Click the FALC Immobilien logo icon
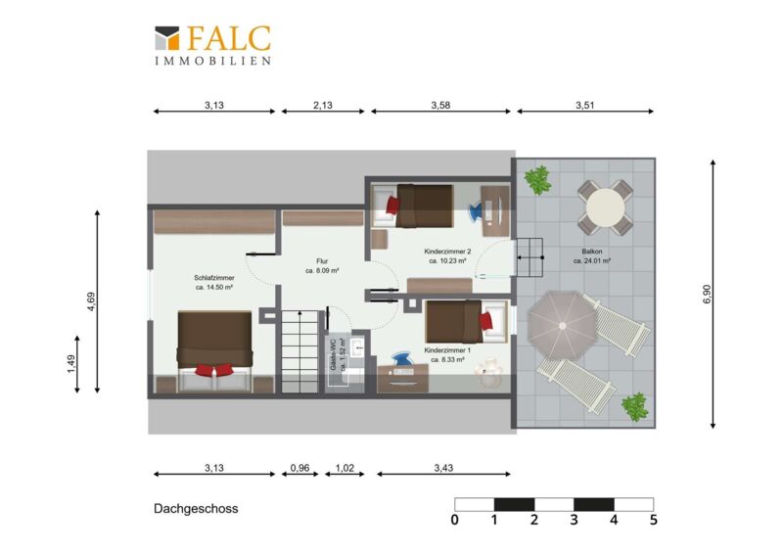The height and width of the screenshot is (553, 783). [166, 38]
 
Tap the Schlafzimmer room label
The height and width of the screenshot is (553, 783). [214, 282]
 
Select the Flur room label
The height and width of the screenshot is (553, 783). [322, 266]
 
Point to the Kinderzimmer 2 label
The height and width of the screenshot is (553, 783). [447, 255]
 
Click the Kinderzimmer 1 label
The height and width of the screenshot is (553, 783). [447, 354]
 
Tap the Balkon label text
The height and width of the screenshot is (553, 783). [592, 255]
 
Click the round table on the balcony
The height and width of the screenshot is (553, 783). [605, 207]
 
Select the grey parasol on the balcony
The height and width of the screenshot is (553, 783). [562, 325]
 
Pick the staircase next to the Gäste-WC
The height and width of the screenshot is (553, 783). [299, 351]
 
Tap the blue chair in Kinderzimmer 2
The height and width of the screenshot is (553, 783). [477, 210]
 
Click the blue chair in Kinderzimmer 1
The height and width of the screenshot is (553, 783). [401, 359]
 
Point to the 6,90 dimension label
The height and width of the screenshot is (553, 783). [707, 294]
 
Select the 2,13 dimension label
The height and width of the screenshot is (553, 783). [323, 105]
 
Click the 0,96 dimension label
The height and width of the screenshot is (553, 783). [299, 468]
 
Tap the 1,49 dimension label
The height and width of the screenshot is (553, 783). [70, 364]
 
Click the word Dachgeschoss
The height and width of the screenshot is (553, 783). [196, 509]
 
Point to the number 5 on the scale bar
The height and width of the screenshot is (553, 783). [654, 520]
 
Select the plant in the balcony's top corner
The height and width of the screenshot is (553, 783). [537, 180]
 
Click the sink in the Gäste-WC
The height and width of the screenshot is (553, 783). [357, 347]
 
